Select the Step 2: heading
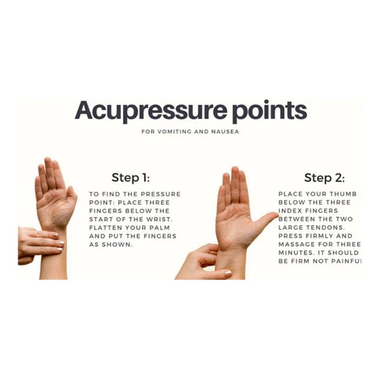point(324,177)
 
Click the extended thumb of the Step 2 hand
point(267,220)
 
